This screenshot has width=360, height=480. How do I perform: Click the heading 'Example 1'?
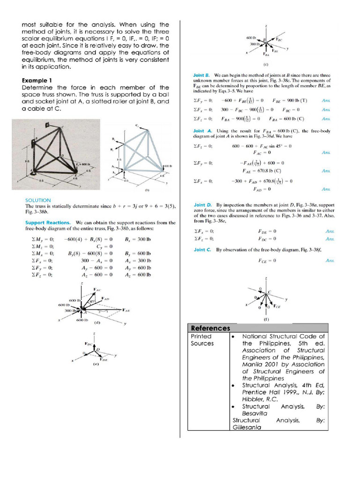[x=37, y=80]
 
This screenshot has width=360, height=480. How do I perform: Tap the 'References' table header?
[x=210, y=328]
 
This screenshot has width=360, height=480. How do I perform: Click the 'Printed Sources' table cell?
[x=202, y=340]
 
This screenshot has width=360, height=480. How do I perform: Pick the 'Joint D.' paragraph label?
[x=203, y=205]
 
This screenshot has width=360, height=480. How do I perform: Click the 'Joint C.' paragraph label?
[x=203, y=250]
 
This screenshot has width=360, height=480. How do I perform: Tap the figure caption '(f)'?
[x=266, y=319]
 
